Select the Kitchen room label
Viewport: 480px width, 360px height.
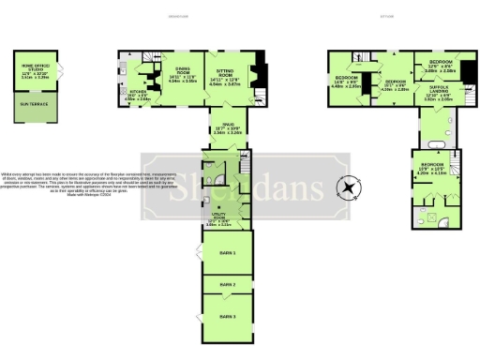click(x=139, y=93)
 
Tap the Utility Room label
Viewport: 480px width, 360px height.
click(x=217, y=221)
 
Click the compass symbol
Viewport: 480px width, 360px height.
click(x=350, y=187)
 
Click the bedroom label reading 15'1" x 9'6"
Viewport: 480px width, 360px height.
click(x=396, y=85)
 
